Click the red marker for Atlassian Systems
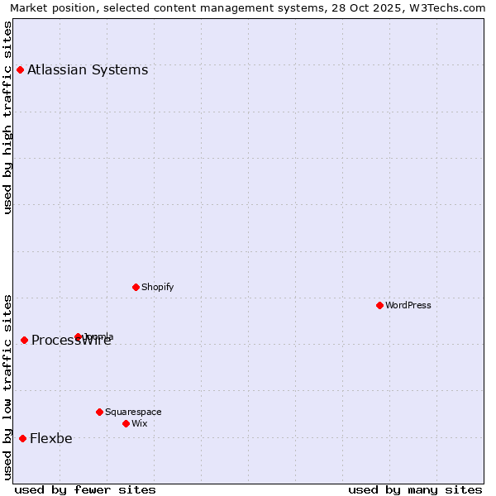click(20, 69)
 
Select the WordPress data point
click(379, 305)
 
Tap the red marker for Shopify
click(136, 287)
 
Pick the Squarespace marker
click(99, 412)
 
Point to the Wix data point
click(126, 423)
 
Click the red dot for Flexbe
click(22, 438)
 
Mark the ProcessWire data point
click(24, 340)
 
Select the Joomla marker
click(78, 336)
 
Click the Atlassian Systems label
click(88, 69)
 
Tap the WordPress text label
click(408, 305)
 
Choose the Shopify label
click(157, 287)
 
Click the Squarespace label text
click(133, 412)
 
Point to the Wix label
click(139, 423)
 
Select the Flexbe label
click(51, 438)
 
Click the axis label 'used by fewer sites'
click(85, 489)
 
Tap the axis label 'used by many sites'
click(415, 489)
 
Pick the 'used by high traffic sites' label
click(8, 117)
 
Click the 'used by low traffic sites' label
click(8, 387)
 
